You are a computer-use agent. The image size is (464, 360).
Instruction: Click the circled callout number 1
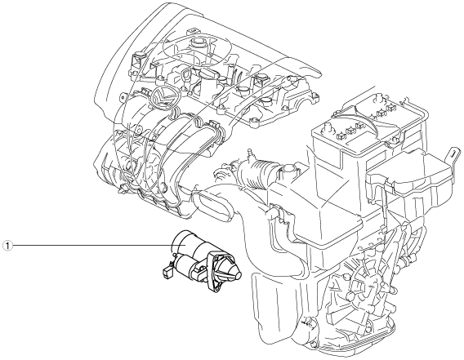pos(7,246)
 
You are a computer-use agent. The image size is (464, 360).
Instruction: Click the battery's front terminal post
pos(328,128)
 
